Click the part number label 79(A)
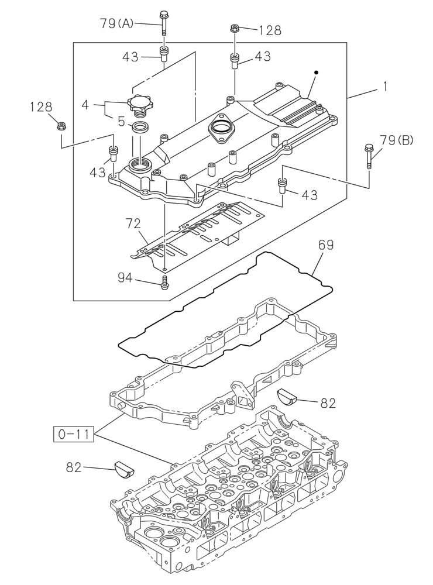(116, 23)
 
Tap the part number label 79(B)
(396, 140)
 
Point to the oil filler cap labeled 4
(140, 106)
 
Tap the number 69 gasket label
(326, 245)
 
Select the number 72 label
(133, 223)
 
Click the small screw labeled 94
(165, 283)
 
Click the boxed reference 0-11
(74, 434)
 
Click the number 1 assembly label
(385, 87)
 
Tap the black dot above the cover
(316, 73)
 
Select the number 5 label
(121, 122)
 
